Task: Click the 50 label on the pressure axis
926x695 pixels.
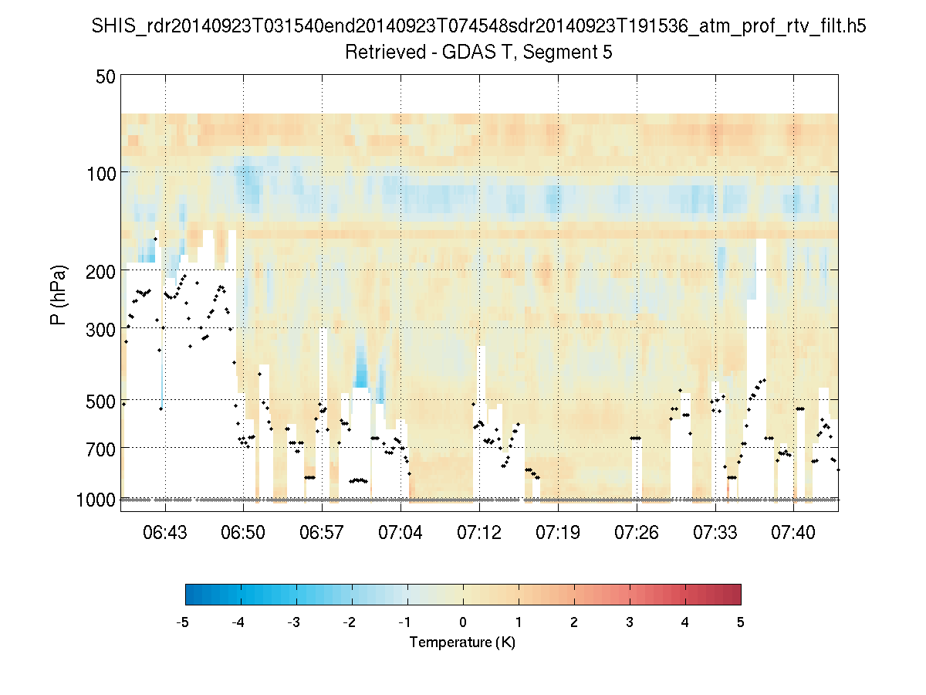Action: pyautogui.click(x=106, y=76)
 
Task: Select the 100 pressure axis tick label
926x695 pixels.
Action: pyautogui.click(x=102, y=173)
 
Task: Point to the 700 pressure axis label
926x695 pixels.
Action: pyautogui.click(x=102, y=449)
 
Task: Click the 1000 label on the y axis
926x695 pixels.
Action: pyautogui.click(x=97, y=500)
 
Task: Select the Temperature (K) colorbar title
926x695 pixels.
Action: pyautogui.click(x=462, y=642)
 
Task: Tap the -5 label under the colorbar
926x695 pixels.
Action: pyautogui.click(x=183, y=622)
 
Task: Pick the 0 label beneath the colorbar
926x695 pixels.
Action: pyautogui.click(x=463, y=622)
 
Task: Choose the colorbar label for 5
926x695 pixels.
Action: pyautogui.click(x=741, y=622)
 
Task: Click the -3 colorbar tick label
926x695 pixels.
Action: pyautogui.click(x=294, y=622)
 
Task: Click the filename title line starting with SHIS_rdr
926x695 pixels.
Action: pyautogui.click(x=478, y=28)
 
